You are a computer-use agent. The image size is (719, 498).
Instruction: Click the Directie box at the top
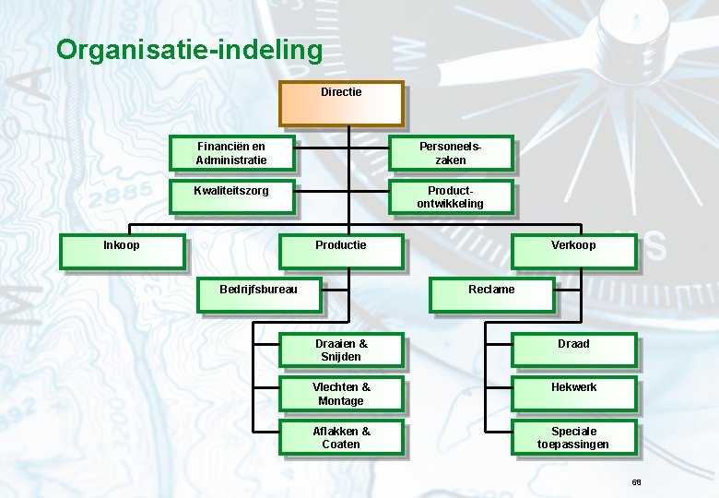(x=341, y=103)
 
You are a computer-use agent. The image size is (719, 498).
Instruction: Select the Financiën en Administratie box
(x=231, y=153)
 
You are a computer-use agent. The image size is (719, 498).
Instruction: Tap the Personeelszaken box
(x=450, y=153)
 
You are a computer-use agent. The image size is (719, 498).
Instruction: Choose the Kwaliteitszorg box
(x=231, y=197)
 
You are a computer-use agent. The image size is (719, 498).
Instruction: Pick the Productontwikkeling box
(x=450, y=197)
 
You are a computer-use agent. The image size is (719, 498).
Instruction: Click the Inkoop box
(x=122, y=251)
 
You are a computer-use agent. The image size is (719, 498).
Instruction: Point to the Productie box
(x=341, y=251)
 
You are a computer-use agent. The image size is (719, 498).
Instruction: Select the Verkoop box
(x=573, y=251)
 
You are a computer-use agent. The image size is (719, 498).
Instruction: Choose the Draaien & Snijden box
(x=341, y=350)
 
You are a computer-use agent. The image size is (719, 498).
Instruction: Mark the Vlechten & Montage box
(x=341, y=394)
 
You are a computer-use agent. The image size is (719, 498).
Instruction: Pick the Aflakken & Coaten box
(x=341, y=438)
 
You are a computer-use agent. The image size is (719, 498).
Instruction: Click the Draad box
(x=573, y=350)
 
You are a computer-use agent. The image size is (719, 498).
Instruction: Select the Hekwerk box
(x=573, y=394)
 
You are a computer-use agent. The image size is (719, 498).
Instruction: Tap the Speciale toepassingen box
(x=573, y=438)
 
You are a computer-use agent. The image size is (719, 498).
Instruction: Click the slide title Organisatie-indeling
(x=189, y=49)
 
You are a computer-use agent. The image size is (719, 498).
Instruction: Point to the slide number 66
(x=636, y=482)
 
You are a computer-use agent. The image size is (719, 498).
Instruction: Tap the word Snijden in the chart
(x=341, y=357)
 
